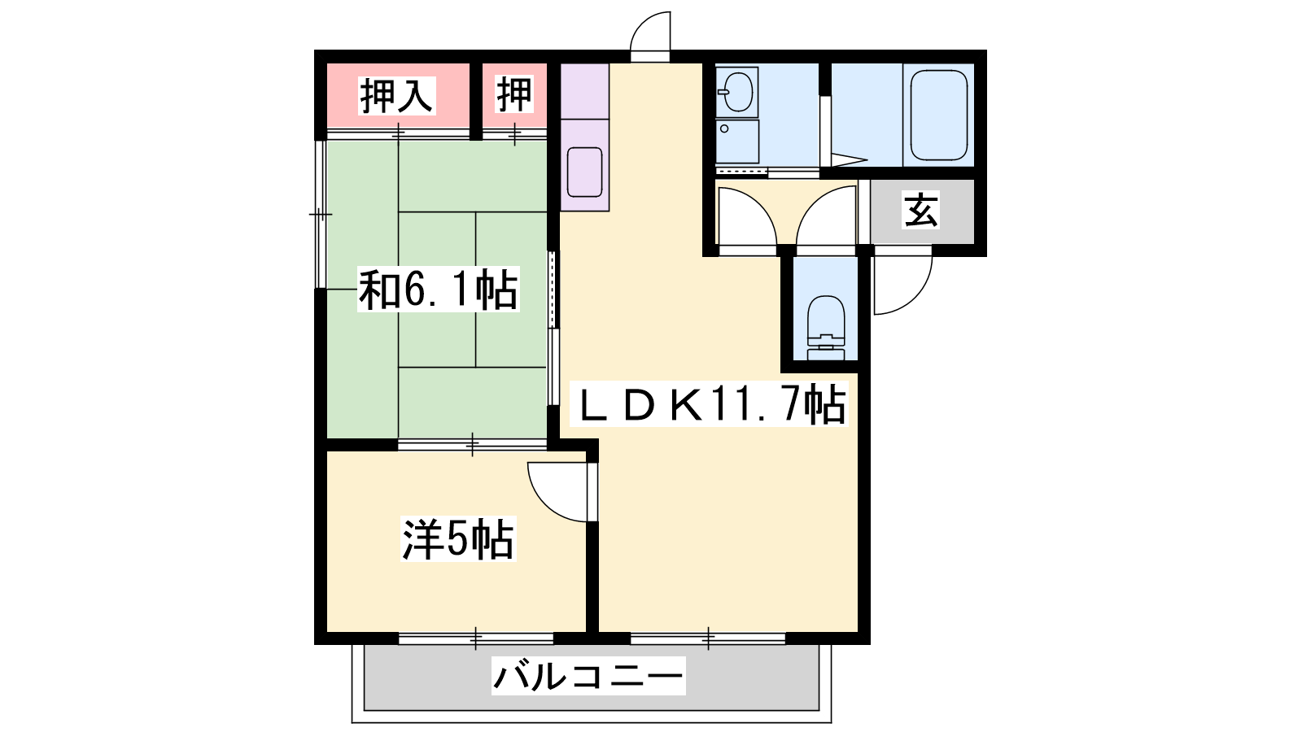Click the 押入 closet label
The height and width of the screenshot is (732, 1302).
[x=397, y=95]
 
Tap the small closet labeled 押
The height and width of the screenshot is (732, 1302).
[x=514, y=95]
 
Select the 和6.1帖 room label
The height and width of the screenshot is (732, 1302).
[x=438, y=289]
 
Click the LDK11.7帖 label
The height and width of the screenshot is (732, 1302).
[x=709, y=403]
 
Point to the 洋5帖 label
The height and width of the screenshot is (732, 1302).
[x=458, y=538]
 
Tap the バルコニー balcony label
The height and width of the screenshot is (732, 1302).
[x=588, y=676]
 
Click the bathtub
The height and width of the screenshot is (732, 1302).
[x=939, y=115]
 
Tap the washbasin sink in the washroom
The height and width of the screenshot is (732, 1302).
[x=737, y=92]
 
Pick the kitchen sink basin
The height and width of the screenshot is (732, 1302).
[x=584, y=172]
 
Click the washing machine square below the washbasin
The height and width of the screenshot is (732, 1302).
[x=737, y=142]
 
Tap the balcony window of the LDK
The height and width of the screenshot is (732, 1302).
[x=708, y=638]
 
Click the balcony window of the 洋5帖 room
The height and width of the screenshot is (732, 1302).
[x=476, y=638]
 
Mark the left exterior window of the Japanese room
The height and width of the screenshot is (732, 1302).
[x=321, y=215]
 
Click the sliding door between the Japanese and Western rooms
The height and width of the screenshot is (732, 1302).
[x=473, y=445]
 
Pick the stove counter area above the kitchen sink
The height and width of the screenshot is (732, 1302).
[x=585, y=91]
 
